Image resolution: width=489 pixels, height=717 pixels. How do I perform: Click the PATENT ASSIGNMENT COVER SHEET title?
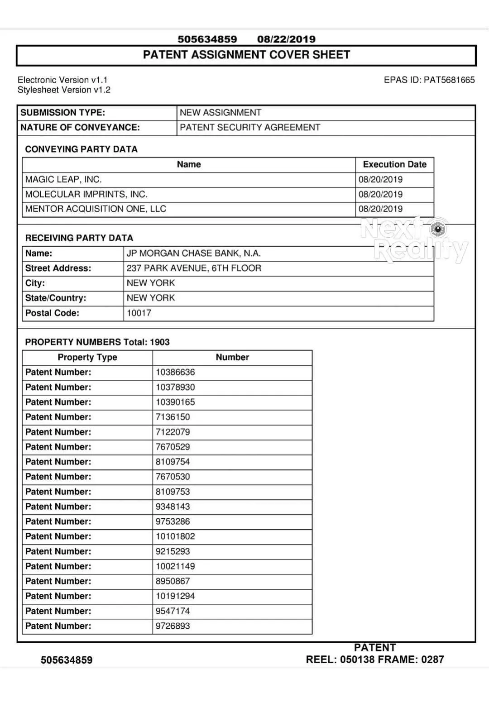coord(246,55)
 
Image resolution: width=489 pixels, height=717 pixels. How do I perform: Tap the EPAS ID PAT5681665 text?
coord(429,80)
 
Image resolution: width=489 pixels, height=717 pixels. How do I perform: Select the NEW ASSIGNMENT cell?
coord(221,113)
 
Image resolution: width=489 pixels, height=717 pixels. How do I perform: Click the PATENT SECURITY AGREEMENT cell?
coord(250,128)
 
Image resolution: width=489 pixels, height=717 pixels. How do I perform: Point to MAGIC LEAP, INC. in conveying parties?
coord(63,180)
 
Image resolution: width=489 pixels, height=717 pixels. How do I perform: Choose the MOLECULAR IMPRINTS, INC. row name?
coord(86,195)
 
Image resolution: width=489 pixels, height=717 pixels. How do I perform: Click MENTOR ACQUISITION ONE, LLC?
coord(96,209)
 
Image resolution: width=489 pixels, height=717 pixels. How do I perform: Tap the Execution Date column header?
coord(394,165)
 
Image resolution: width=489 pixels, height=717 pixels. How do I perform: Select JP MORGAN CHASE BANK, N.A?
coord(193,253)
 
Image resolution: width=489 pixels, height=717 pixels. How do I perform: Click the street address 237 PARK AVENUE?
coord(194,268)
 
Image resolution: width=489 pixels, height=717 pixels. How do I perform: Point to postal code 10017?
coord(139,313)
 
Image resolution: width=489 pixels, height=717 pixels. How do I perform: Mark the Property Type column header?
coord(87,358)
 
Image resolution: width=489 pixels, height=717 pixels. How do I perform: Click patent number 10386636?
coord(175,373)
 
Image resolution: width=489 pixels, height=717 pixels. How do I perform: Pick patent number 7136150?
coord(173,417)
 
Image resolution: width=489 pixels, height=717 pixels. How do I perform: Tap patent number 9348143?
coord(173,507)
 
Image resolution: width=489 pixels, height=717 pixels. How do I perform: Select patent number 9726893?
coord(173,626)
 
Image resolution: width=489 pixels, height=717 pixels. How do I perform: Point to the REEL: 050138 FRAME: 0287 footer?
coord(374,660)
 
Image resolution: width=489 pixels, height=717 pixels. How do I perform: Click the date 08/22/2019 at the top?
coord(286,39)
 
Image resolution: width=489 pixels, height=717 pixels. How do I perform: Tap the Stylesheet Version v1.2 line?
coord(64,90)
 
